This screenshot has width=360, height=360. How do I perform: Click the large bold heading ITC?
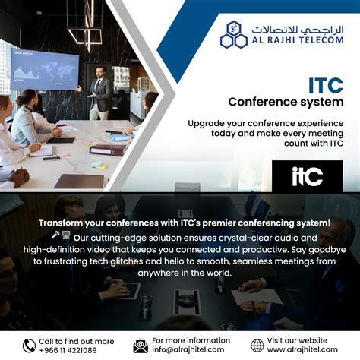(324, 84)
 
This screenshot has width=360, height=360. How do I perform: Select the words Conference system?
(286, 101)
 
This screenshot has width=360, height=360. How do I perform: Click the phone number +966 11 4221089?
(68, 350)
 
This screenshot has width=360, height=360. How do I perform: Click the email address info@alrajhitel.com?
(190, 350)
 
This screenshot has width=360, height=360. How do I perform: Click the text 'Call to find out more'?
(76, 341)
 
